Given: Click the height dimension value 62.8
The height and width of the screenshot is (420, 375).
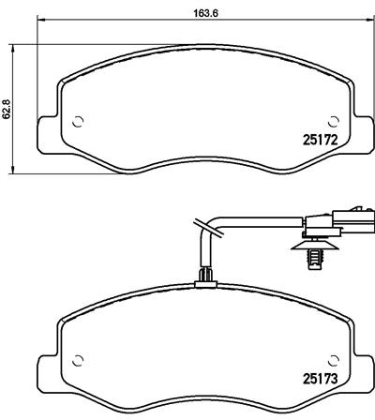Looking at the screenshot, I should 8,110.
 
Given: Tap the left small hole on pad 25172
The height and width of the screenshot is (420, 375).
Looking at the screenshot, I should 79,120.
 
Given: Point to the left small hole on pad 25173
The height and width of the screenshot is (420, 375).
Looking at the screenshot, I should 79,361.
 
